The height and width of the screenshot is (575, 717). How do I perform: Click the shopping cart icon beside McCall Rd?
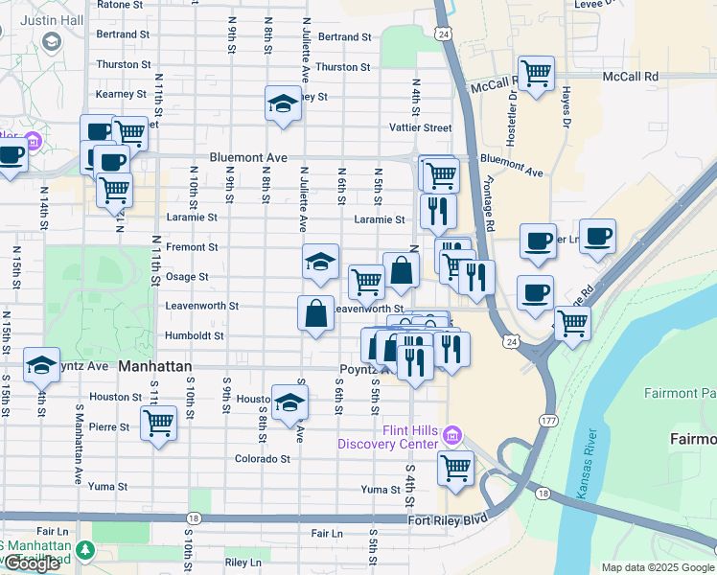point(536,74)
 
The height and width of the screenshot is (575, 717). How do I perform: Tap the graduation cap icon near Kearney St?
point(283,104)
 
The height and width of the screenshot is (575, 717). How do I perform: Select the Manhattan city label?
point(155,366)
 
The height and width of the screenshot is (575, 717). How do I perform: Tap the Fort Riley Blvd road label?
point(447,518)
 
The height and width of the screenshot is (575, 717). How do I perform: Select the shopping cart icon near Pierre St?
point(158,422)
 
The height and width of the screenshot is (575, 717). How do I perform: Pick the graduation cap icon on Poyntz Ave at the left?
point(41,365)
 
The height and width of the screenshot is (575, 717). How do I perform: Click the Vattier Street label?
point(419,127)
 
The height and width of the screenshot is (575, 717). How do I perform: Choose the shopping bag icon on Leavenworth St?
point(316,313)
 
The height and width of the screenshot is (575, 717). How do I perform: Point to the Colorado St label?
point(263,458)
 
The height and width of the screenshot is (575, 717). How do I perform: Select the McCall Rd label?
point(631,76)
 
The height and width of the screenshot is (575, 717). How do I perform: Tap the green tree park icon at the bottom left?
point(86,550)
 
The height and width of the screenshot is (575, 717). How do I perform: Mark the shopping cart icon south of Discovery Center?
point(455,469)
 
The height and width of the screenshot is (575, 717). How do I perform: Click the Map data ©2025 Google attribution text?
point(657,567)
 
